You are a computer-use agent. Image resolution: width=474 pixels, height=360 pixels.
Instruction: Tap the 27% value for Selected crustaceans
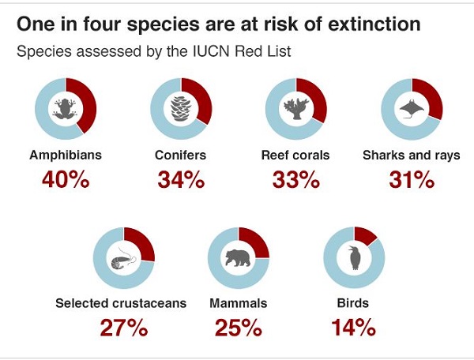click(124, 326)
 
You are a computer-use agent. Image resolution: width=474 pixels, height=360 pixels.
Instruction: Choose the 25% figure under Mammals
click(239, 326)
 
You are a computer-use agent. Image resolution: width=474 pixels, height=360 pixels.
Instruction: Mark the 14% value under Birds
click(353, 326)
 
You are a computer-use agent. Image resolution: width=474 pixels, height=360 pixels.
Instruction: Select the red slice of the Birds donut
click(366, 234)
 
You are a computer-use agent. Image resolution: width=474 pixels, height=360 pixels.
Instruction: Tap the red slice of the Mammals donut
click(254, 240)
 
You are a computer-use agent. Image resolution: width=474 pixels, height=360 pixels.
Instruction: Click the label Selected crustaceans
click(121, 302)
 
